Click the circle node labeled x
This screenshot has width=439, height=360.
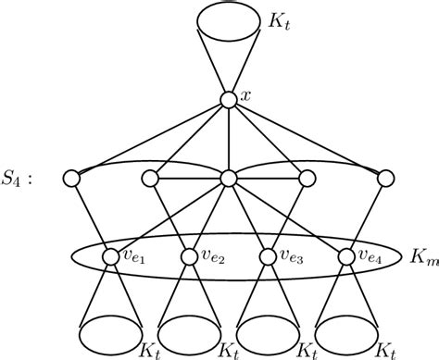228,97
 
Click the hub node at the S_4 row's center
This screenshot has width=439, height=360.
228,178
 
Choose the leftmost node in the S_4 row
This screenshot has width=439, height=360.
71,178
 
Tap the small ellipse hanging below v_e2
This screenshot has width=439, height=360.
189,331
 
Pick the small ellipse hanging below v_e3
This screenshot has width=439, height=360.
268,331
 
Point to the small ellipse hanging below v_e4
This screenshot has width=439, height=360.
346,331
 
